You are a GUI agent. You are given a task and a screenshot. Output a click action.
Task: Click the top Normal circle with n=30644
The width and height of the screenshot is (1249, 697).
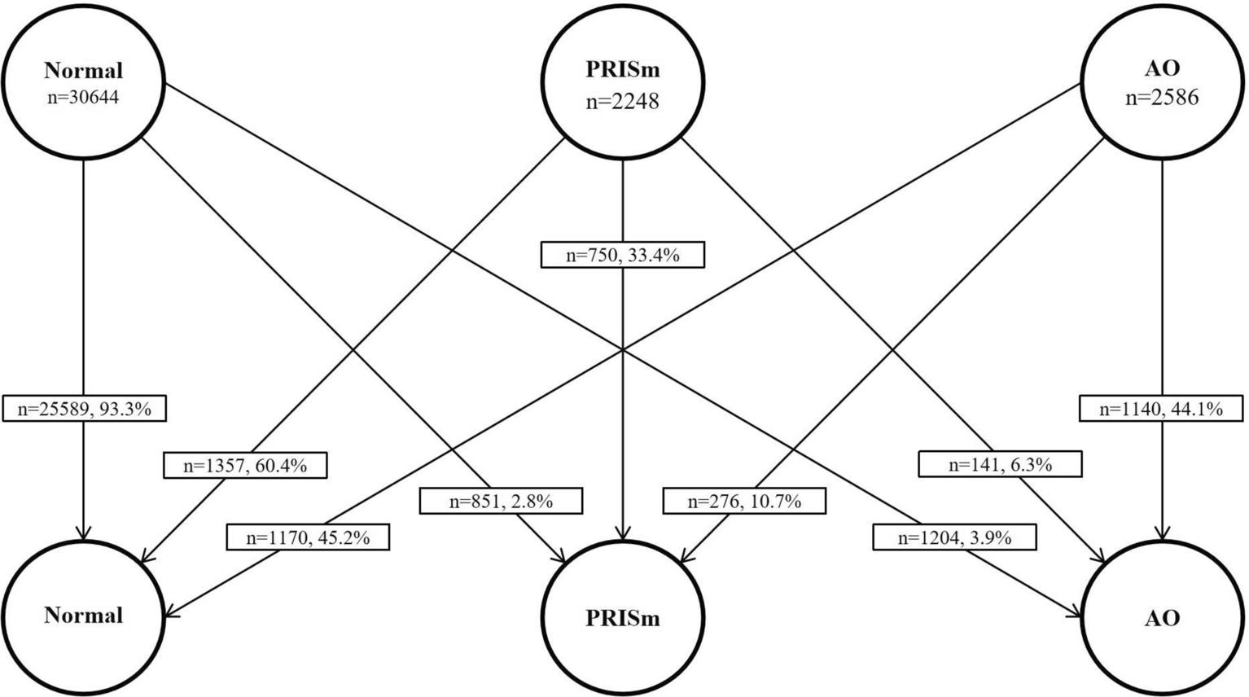(83, 81)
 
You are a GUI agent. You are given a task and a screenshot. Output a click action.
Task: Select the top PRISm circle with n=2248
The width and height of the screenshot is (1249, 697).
(623, 81)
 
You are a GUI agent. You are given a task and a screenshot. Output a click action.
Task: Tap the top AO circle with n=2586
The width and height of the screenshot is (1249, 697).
(1162, 81)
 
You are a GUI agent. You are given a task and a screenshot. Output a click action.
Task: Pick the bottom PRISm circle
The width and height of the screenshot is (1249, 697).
(623, 618)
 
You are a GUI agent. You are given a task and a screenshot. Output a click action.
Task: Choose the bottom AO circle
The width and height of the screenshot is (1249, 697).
(1162, 618)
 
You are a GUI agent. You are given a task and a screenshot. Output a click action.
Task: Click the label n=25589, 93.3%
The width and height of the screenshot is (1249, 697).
(84, 409)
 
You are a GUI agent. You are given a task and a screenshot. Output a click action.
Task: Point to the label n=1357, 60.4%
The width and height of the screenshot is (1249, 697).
(245, 466)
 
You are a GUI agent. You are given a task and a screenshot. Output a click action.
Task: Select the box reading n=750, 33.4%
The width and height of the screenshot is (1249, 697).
(623, 256)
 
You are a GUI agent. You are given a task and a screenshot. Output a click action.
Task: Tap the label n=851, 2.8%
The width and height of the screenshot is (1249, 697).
(501, 502)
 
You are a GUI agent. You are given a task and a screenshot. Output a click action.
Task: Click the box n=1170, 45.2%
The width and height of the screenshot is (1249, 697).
(308, 537)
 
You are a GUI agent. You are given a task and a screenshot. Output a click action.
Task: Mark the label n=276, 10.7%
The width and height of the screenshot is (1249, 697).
(744, 502)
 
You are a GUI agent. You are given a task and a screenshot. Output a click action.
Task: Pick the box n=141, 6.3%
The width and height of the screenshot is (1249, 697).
(1000, 465)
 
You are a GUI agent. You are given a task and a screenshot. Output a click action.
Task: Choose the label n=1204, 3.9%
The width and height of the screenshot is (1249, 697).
(954, 537)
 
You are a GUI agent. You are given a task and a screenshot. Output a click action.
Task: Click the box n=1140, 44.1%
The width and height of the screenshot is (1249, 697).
(1161, 409)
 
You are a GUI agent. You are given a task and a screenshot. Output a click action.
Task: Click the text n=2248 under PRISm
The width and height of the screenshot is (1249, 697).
(622, 101)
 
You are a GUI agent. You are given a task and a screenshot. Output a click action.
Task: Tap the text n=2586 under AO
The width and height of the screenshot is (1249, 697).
(1162, 97)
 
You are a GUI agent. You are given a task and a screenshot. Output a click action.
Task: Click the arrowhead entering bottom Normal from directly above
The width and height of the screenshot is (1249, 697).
(83, 532)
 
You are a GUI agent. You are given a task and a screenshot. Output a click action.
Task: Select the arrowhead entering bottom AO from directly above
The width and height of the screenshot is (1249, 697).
(1162, 532)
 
